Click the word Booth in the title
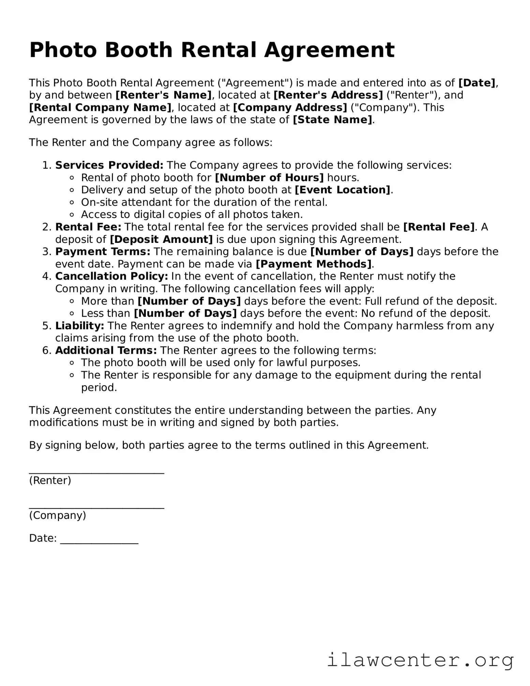(139, 50)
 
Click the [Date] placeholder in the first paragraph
(476, 83)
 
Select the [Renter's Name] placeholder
(163, 95)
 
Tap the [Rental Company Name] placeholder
(100, 108)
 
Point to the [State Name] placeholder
(333, 120)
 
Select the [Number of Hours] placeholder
(269, 178)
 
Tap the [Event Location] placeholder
(342, 190)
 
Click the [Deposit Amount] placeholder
(161, 239)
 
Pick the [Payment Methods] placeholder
(313, 264)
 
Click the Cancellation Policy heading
(112, 276)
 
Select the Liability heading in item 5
(79, 326)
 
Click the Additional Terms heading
(106, 351)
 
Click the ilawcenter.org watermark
(420, 660)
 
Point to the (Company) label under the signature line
(58, 515)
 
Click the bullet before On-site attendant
(72, 203)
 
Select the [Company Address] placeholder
(290, 108)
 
